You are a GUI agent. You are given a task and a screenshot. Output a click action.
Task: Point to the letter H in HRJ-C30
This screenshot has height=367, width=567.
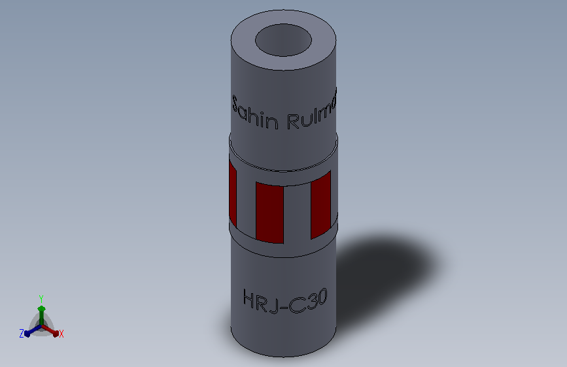(250, 300)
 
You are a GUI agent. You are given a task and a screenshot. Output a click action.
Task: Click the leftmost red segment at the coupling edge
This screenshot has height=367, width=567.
(232, 193)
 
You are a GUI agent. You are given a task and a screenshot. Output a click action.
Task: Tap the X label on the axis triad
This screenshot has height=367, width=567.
(61, 334)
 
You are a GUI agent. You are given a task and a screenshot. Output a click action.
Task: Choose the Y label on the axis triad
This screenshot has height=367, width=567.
(41, 298)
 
